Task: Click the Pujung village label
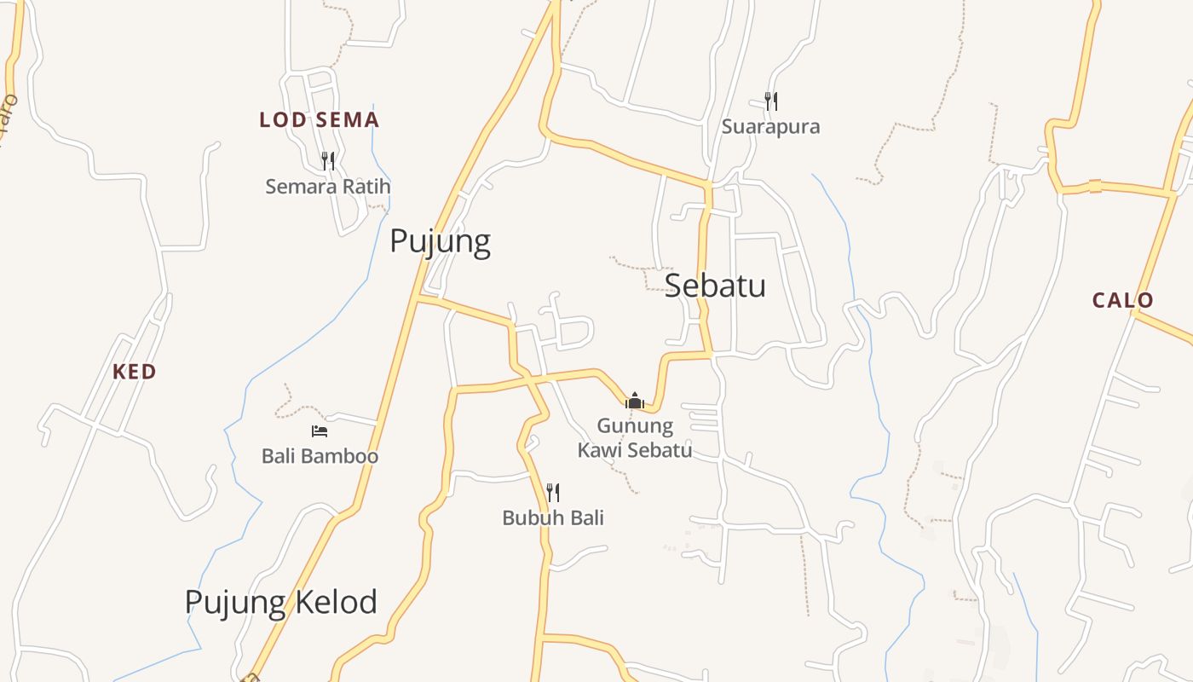[x=440, y=242]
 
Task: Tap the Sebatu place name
[x=715, y=286]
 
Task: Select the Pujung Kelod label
[x=281, y=603]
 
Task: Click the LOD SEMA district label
[x=319, y=120]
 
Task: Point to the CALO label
[x=1122, y=300]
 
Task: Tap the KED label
[x=135, y=372]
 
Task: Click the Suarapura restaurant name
[x=770, y=127]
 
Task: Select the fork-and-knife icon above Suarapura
[x=770, y=101]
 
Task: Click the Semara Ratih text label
[x=327, y=186]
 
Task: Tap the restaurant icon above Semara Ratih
[x=327, y=160]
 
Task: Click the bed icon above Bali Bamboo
[x=320, y=431]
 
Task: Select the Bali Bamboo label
[x=320, y=456]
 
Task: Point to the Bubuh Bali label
[x=553, y=517]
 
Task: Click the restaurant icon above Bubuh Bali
[x=553, y=492]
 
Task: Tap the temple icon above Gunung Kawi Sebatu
[x=634, y=401]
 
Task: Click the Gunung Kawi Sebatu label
[x=634, y=438]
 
